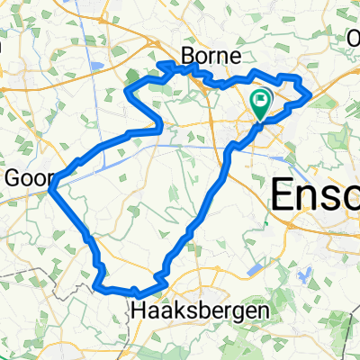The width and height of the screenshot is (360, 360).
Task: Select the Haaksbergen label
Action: [x=199, y=310]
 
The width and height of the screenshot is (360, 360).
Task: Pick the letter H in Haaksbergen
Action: [x=138, y=310]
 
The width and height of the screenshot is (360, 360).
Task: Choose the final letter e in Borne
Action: [x=230, y=56]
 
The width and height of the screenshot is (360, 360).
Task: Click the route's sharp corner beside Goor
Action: [x=53, y=187]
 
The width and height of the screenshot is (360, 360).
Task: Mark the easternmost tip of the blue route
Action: [x=310, y=93]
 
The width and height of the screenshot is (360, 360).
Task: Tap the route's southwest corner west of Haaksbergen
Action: [x=95, y=286]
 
